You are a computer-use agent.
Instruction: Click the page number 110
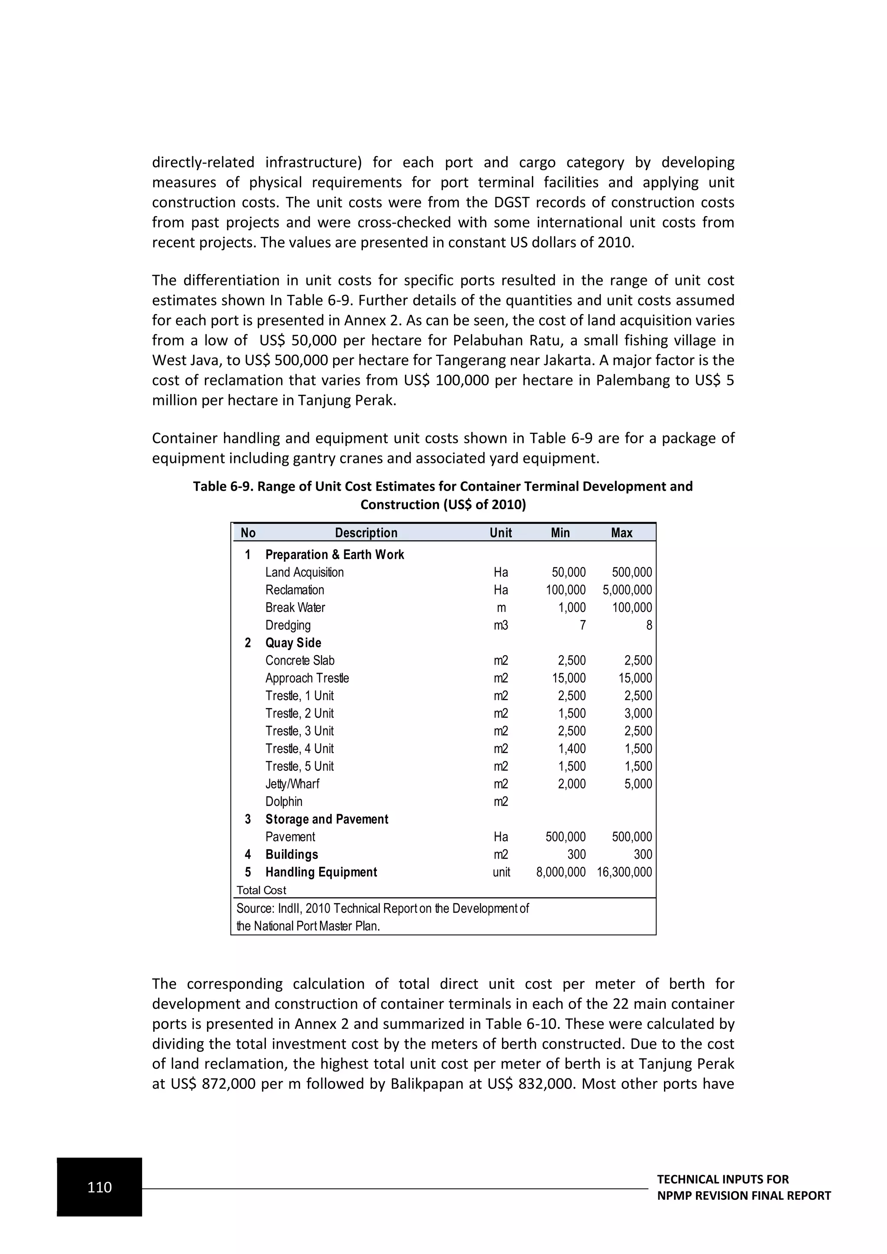100,1187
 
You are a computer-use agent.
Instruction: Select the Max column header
622,533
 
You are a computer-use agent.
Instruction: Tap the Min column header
560,533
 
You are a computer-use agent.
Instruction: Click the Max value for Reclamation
627,590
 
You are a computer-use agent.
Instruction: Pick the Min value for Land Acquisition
568,572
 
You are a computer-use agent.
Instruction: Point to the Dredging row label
288,625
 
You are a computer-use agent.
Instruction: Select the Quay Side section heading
293,643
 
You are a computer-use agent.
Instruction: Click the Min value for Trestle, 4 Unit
571,749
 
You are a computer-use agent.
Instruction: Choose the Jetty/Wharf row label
292,784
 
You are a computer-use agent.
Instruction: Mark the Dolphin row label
284,802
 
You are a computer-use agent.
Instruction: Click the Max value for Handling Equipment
624,872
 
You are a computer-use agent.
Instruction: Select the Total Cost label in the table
261,890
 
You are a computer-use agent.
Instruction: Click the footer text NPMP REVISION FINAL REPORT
743,1196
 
